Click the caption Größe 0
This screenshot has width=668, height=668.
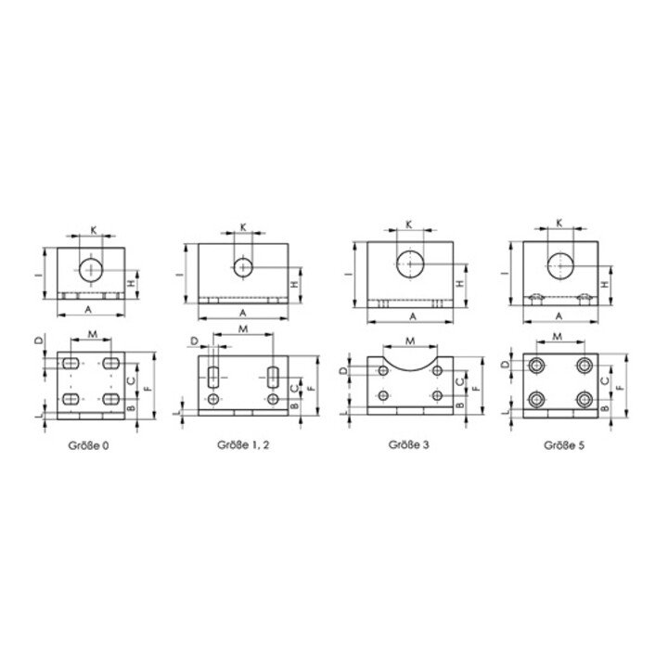click(88, 445)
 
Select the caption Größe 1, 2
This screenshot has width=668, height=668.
click(243, 445)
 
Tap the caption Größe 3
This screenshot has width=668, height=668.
click(409, 444)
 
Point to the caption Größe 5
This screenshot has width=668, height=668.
click(564, 445)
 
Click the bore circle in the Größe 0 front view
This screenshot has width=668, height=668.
click(91, 270)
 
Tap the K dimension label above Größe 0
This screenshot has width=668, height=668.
click(94, 230)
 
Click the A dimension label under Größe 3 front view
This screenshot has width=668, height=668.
click(413, 316)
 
